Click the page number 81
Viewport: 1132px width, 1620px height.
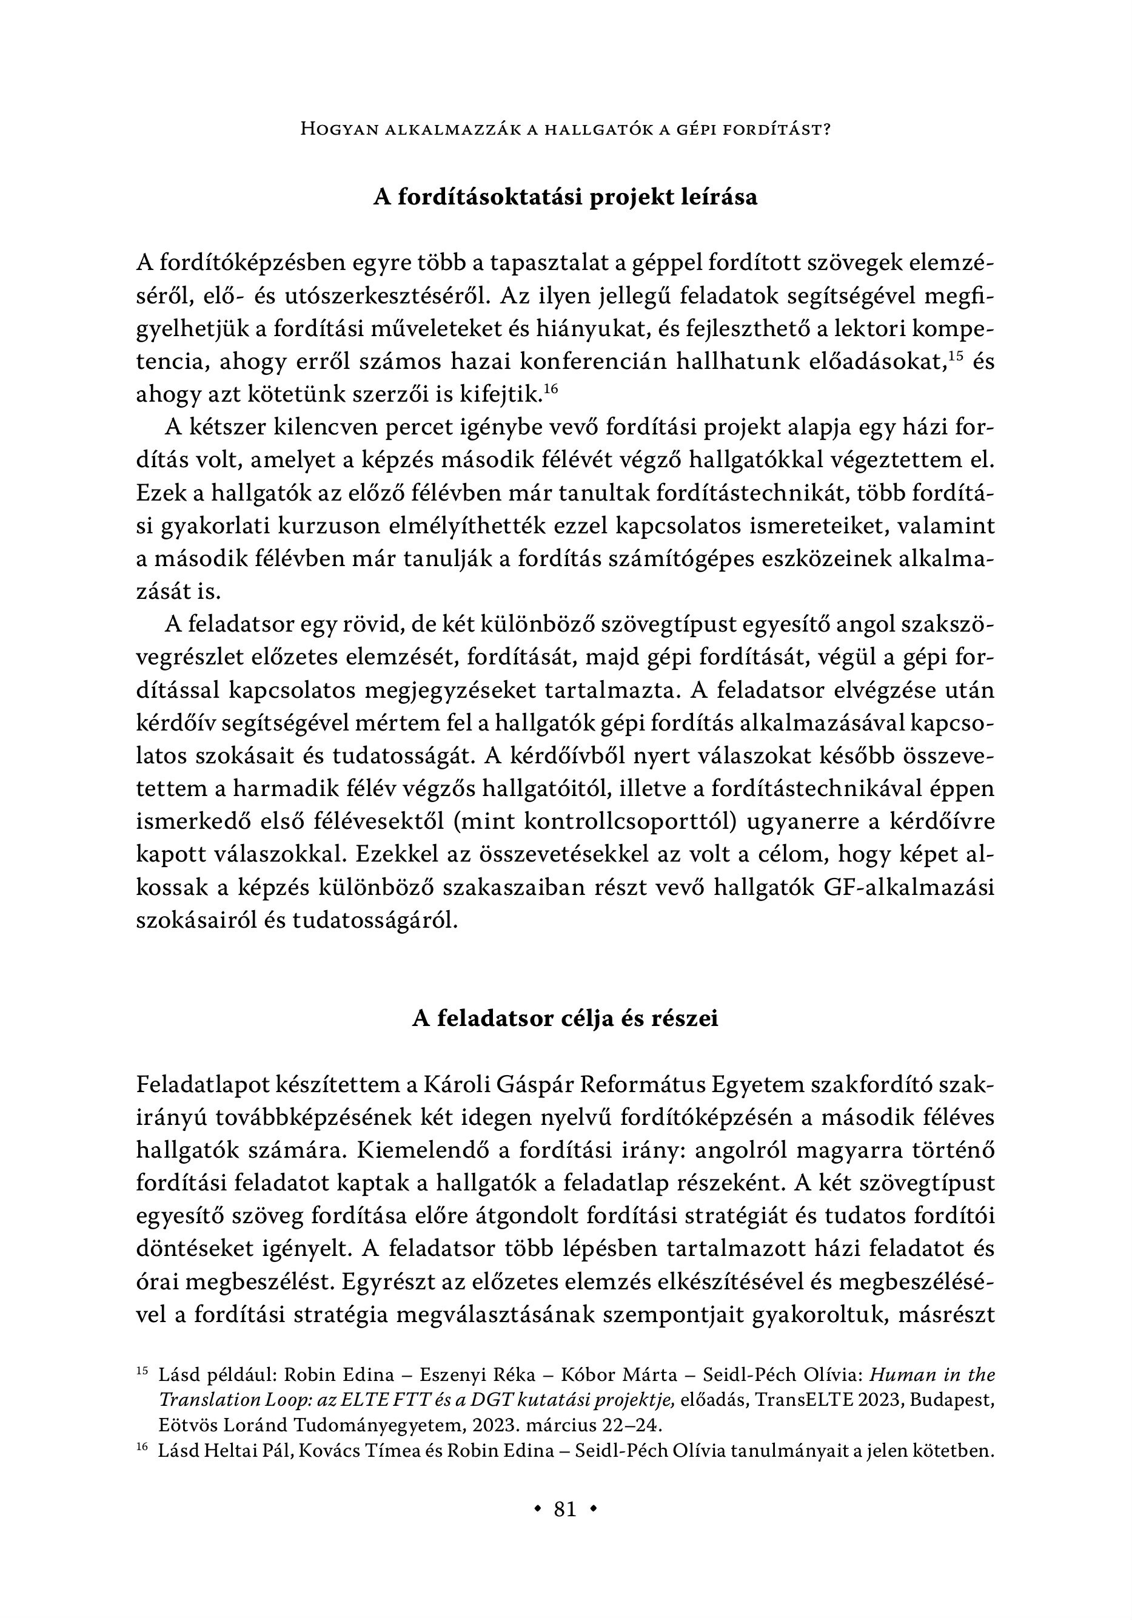coord(565,1508)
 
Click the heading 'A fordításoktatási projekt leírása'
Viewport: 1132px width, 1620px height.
coord(565,197)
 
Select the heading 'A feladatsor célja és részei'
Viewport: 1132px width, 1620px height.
coord(565,1019)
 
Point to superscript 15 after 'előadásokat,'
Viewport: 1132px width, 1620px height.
coord(956,355)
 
